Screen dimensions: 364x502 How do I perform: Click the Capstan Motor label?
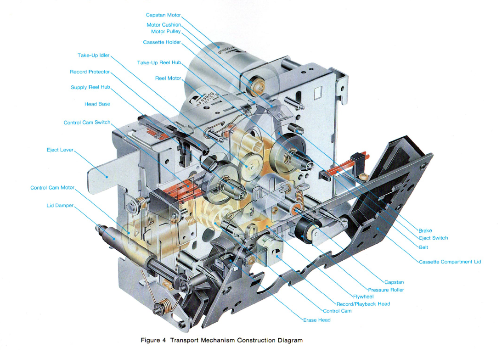[163, 15]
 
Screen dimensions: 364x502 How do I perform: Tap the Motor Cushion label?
[164, 25]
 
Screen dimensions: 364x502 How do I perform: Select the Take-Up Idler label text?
[94, 56]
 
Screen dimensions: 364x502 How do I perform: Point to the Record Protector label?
[90, 72]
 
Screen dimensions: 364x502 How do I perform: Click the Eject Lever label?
[60, 150]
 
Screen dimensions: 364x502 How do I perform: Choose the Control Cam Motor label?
[52, 188]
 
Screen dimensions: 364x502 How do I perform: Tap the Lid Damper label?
[60, 206]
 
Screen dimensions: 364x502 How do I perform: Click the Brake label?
[425, 230]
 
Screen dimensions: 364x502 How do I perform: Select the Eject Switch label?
[433, 238]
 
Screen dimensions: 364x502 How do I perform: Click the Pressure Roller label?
[385, 290]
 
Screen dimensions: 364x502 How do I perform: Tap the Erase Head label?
[317, 320]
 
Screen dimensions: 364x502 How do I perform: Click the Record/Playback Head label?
[363, 304]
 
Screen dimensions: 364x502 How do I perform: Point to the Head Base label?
[97, 104]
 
